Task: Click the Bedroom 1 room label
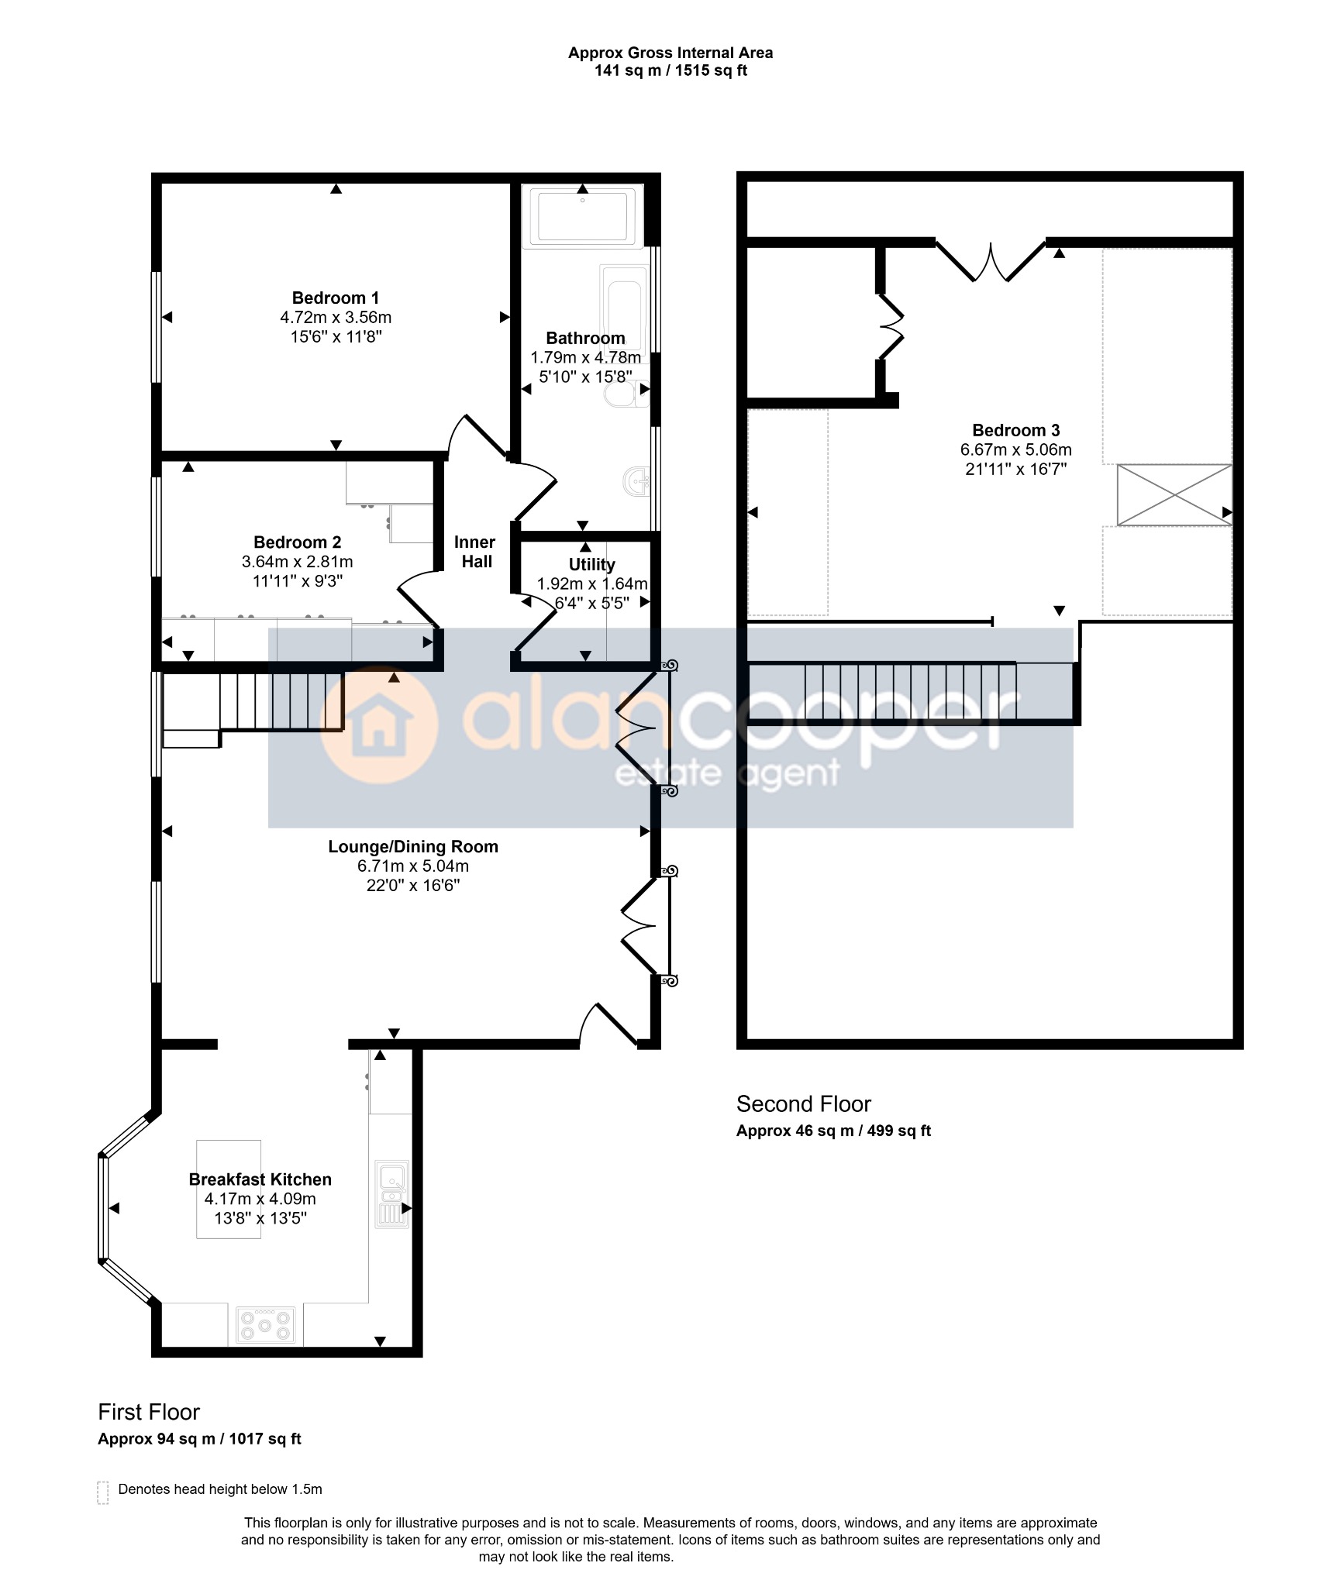pos(336,298)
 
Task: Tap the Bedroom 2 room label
pos(298,542)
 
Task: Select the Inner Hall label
pos(475,552)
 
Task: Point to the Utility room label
pos(592,565)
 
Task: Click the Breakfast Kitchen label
pos(260,1179)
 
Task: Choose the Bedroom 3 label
pos(1016,430)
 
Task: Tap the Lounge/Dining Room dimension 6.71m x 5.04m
pos(413,866)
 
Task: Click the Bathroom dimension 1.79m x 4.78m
pos(586,357)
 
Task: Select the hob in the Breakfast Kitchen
pos(266,1324)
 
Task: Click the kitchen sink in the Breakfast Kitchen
pos(391,1194)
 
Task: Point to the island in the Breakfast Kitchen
pos(229,1189)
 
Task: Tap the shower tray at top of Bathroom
pos(583,216)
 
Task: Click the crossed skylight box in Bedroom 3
pos(1174,495)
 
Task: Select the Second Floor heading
pos(804,1104)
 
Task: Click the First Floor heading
pos(149,1413)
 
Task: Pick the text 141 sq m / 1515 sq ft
pos(670,71)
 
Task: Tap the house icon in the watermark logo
pos(379,728)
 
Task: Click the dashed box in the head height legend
pos(103,1492)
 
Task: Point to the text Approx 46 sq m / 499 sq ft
pos(833,1131)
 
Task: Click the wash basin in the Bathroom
pos(636,483)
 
